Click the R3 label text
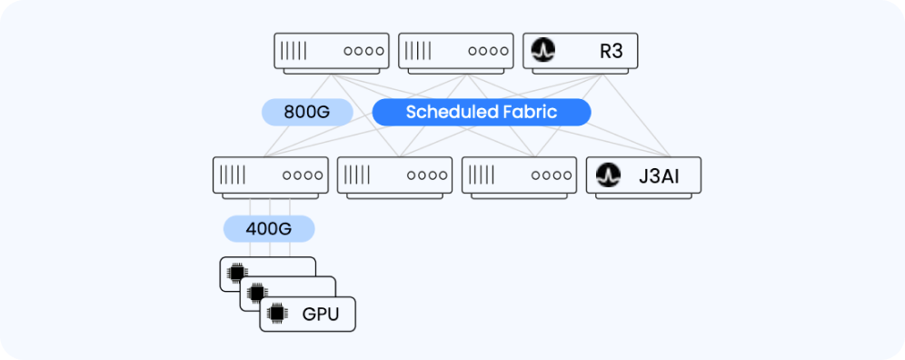click(611, 51)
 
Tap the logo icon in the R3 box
click(543, 51)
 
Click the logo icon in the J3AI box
click(606, 175)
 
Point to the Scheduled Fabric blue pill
click(482, 112)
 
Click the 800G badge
click(306, 112)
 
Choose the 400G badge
click(269, 228)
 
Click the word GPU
click(321, 315)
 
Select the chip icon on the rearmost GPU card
click(237, 272)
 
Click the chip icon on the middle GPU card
click(257, 293)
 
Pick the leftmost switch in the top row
click(332, 51)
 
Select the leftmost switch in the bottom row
click(270, 175)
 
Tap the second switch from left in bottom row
click(394, 175)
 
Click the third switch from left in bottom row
click(519, 175)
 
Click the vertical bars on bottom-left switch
click(234, 175)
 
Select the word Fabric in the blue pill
click(530, 112)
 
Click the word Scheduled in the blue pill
click(449, 112)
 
